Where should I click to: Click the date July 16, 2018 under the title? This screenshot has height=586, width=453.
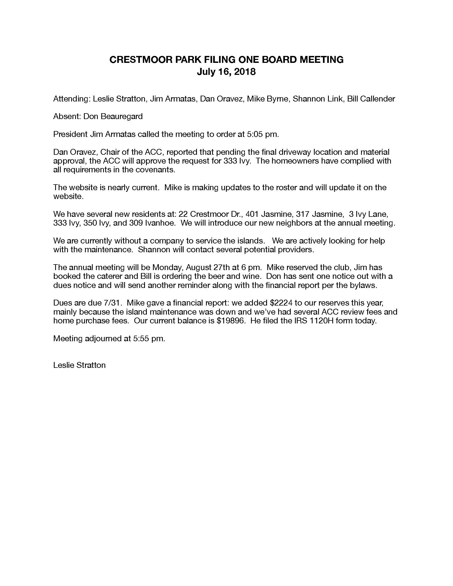(x=226, y=72)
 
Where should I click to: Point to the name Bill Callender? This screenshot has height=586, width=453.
(x=371, y=99)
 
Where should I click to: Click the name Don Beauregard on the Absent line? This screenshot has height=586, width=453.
(x=113, y=116)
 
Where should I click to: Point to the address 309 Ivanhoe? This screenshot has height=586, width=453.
(x=152, y=223)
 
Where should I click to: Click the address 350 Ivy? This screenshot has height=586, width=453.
(x=96, y=223)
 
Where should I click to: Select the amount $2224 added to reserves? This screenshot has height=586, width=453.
(x=281, y=303)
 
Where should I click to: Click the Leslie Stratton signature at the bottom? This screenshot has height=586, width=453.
(x=79, y=365)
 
